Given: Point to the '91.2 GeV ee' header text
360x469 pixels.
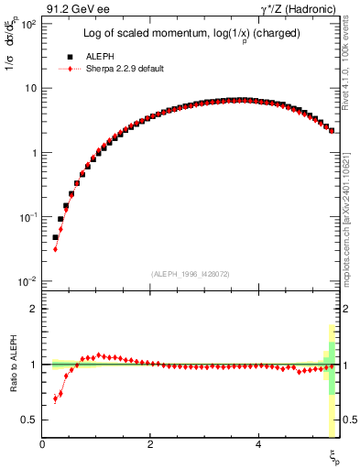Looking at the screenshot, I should tap(76, 9).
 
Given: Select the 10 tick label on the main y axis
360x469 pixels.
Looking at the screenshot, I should tap(30, 89).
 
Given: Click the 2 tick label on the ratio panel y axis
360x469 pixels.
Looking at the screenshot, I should tap(34, 310).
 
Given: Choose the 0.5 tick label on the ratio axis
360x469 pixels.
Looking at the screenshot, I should tap(30, 420).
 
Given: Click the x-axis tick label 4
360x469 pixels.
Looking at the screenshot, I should tap(258, 444).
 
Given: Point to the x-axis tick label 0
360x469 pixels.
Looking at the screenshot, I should tap(43, 444).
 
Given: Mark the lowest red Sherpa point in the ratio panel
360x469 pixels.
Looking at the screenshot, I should tap(55, 399).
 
